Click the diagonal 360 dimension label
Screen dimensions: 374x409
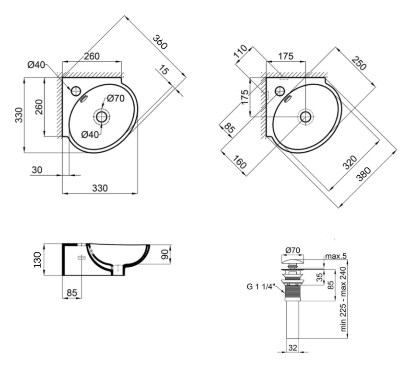160,42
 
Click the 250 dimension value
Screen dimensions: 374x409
358,63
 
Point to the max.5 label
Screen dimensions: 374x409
336,257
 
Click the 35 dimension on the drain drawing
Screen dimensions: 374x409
319,276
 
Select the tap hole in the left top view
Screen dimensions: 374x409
76,90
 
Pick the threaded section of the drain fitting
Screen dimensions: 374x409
292,292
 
